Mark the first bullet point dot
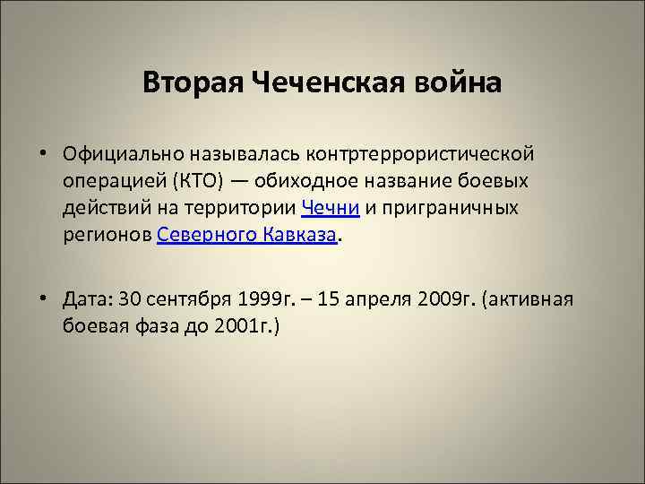[43, 153]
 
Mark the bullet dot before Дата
[43, 299]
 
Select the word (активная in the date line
[527, 298]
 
